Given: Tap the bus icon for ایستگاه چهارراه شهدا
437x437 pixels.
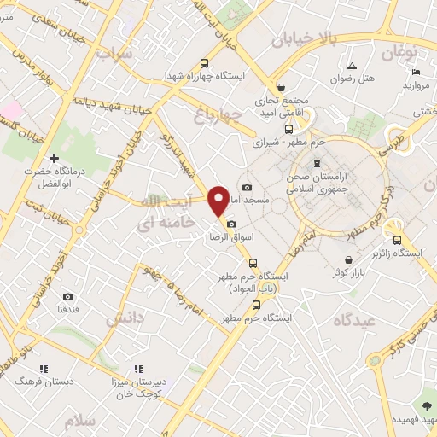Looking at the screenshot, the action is tap(203, 63).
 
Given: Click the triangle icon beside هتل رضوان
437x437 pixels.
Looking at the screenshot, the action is tap(352, 66).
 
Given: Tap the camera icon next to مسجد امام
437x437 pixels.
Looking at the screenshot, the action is tap(247, 187).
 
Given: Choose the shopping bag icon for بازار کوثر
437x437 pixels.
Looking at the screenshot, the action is tap(348, 260).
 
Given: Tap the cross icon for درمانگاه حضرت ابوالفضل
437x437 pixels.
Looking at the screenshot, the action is tap(54, 158).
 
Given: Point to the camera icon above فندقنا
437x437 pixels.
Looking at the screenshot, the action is tap(67, 296).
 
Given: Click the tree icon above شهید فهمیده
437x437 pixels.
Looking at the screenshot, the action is tap(425, 405).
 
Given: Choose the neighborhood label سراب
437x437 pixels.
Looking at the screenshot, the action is tap(115, 55).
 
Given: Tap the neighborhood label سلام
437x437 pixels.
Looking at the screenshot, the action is tap(82, 422).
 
